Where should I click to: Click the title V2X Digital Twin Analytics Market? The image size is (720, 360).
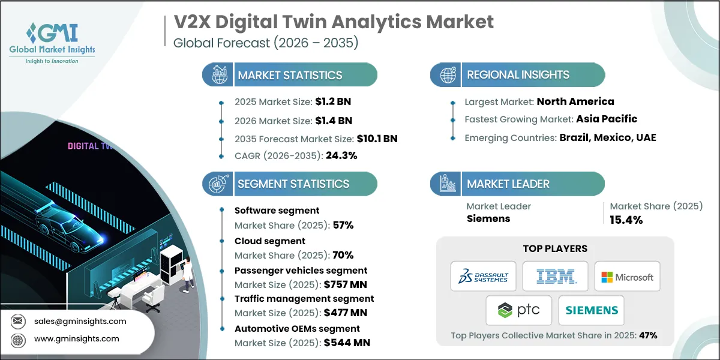pos(334,22)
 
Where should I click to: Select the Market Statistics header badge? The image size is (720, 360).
pos(290,75)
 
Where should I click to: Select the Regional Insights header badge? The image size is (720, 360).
pos(517,75)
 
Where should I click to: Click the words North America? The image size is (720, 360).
pos(575,101)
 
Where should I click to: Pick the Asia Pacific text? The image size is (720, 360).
pos(607,119)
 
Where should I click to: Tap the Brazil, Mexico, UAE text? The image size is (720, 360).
pos(607,137)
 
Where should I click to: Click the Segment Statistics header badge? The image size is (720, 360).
pos(290,184)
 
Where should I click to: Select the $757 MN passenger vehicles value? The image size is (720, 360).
pos(346,284)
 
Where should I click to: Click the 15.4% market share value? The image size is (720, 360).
pos(626,220)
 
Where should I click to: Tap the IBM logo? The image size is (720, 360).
pos(555,277)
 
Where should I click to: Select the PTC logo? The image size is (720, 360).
pos(519,310)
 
